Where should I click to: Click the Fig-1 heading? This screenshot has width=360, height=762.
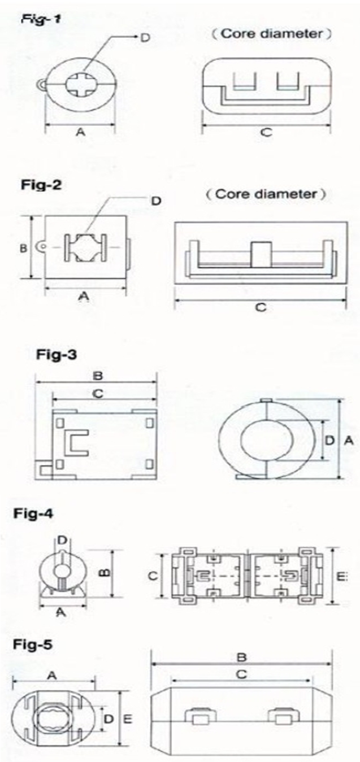pos(41,19)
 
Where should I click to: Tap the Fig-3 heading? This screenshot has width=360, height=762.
pos(57,355)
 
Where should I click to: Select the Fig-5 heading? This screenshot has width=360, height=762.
pos(33,645)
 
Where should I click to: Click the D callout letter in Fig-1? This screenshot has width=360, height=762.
pos(145,37)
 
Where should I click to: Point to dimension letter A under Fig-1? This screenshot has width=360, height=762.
pos(80,132)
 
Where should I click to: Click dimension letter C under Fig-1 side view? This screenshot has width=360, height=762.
pos(266,132)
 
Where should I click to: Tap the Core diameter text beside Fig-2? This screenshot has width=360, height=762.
pos(266,194)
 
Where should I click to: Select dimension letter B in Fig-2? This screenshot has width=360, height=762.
pos(23,249)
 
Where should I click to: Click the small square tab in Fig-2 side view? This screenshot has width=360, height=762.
pos(261,254)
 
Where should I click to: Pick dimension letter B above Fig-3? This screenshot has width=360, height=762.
pos(98,376)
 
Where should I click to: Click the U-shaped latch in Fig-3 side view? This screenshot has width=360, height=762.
pos(76,442)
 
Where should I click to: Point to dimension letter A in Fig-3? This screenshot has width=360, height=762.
pos(349,441)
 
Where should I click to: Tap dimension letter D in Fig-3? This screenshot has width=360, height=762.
pos(329,441)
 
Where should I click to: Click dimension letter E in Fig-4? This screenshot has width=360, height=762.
pos(341,576)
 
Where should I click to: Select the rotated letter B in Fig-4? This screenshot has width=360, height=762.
pos(106,573)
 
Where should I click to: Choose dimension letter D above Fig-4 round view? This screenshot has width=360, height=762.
pos(62,540)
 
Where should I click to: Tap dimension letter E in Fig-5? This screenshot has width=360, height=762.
pos(128,719)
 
